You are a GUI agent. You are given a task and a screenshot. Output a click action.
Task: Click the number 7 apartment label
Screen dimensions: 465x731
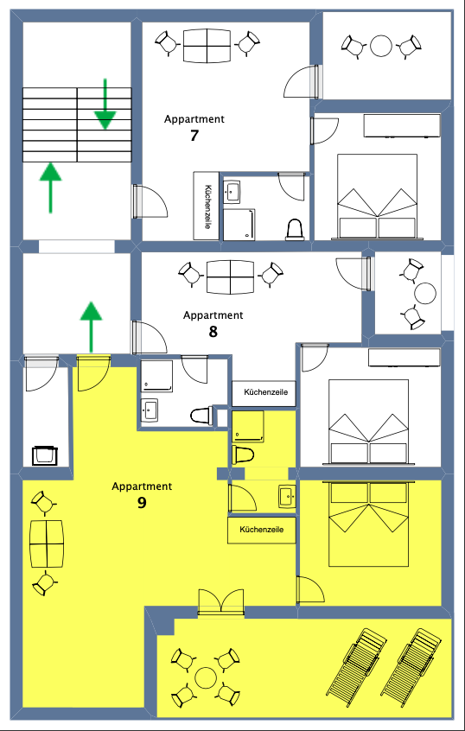coord(194,136)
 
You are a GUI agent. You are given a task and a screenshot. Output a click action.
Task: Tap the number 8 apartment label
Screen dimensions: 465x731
coord(213,332)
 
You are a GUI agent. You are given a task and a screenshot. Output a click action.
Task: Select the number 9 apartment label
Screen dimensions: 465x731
coord(142,504)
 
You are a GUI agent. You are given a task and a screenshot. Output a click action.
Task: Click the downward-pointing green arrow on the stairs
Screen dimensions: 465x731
coord(105,104)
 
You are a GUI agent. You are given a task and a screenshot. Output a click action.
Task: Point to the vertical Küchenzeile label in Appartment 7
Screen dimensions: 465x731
coord(207,206)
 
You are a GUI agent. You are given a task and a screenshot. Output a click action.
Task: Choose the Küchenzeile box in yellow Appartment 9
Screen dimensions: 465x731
coord(262,530)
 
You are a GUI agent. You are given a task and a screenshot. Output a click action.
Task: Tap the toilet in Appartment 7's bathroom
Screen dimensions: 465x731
coord(294,230)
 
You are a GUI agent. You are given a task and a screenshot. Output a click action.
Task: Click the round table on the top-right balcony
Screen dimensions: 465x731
coord(382,46)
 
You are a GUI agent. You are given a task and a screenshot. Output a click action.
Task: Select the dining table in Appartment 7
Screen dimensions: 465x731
coord(207,46)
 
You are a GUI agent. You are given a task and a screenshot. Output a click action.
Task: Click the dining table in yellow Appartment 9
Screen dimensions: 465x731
coord(47,543)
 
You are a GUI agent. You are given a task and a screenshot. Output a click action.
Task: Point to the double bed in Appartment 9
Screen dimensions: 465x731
coord(369,524)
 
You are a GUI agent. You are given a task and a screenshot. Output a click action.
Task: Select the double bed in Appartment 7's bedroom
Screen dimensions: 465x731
coord(377,196)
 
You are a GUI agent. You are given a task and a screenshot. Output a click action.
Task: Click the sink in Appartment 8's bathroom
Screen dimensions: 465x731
coord(150,410)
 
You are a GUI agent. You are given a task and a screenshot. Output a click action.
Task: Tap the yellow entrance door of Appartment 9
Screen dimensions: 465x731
coord(93,373)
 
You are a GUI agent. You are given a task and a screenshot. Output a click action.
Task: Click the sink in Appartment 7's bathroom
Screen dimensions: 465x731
coord(232,191)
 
